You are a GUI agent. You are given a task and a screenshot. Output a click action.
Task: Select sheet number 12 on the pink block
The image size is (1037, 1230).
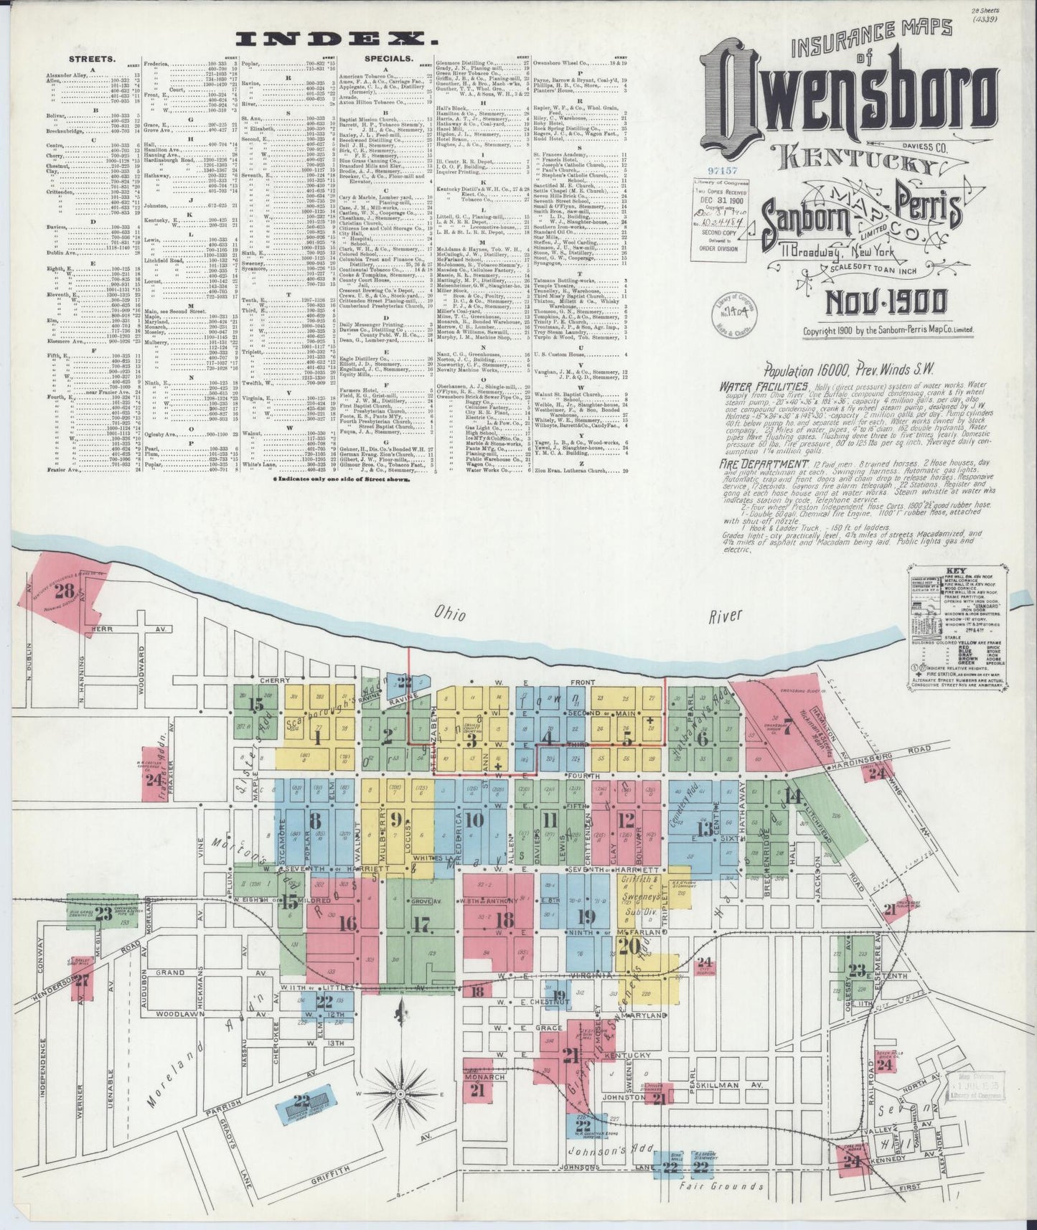[x=627, y=819]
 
